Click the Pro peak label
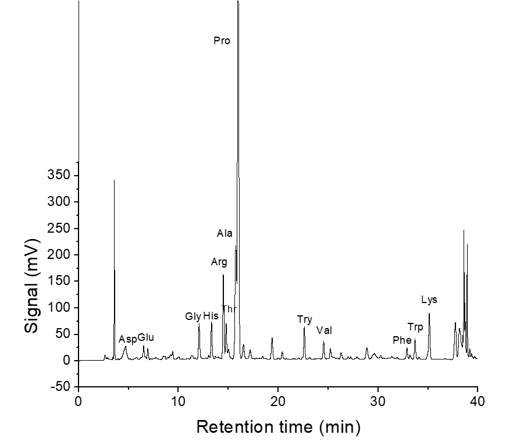tap(222, 41)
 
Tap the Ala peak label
tap(225, 233)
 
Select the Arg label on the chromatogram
tap(219, 262)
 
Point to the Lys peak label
tap(429, 300)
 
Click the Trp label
tap(415, 327)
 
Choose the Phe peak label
tap(402, 340)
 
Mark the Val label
tap(324, 330)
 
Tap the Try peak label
tap(305, 319)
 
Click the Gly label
tap(193, 316)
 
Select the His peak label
tap(211, 316)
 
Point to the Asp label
tap(127, 339)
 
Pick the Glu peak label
tap(146, 337)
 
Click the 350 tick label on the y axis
tap(62, 176)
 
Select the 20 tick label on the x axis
tap(278, 402)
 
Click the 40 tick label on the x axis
tap(478, 402)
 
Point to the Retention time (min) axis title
tap(278, 428)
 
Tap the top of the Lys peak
tap(429, 314)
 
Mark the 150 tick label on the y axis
tap(62, 282)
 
